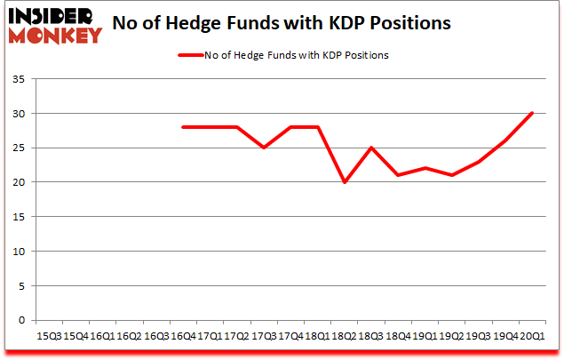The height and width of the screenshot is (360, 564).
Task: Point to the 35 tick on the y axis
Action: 17,80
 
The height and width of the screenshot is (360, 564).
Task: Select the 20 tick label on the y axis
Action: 17,182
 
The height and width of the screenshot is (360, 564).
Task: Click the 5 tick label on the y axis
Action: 20,285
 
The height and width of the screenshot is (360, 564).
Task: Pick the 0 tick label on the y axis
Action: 20,320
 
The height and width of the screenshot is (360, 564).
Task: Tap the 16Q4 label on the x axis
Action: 184,336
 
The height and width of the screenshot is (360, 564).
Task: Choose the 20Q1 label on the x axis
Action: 532,336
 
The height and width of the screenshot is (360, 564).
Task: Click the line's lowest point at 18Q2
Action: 345,182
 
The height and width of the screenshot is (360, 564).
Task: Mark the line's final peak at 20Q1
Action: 532,113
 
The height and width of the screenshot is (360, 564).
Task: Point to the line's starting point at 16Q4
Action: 184,127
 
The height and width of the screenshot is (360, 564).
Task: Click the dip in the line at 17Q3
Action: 264,148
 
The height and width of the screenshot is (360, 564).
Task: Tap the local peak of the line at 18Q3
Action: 371,148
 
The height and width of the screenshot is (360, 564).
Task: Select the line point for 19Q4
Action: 505,140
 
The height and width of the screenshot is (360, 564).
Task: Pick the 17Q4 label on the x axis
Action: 290,336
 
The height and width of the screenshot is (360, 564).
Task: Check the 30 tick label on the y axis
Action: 17,114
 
